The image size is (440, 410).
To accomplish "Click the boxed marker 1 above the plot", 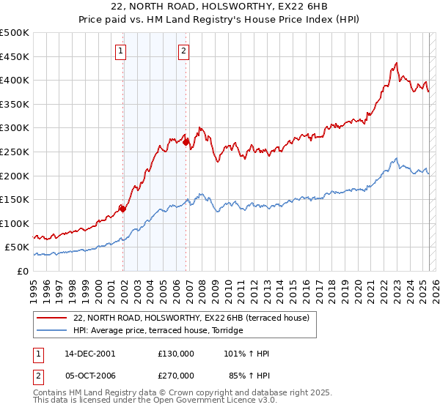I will [120, 51].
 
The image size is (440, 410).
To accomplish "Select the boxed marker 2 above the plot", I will [183, 51].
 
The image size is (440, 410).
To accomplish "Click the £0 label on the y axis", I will [23, 271].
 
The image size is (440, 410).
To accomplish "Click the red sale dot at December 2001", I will [123, 209].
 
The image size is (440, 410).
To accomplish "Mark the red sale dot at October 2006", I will [186, 142].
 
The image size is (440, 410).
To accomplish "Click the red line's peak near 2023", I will [396, 63].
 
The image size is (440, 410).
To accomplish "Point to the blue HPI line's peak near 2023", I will [396, 158].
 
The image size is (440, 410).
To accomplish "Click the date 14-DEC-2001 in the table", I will [90, 354].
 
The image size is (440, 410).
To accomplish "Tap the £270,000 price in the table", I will [176, 376].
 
